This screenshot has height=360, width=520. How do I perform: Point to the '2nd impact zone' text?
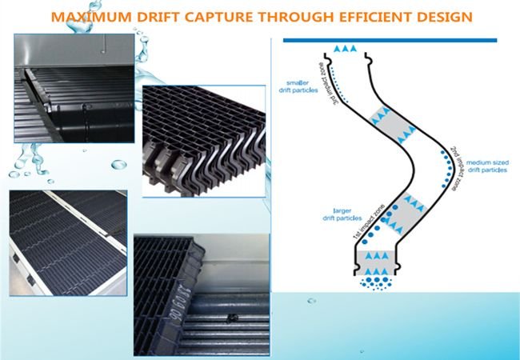point(454,166)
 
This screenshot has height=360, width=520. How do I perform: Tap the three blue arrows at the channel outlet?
point(345,50)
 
